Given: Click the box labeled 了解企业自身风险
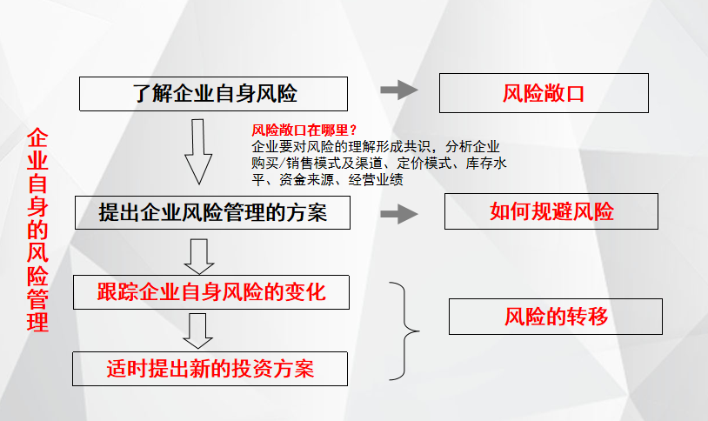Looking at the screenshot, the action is pyautogui.click(x=214, y=94).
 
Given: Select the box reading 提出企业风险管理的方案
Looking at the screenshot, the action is pyautogui.click(x=213, y=213).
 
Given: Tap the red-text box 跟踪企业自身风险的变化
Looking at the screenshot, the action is pyautogui.click(x=211, y=292).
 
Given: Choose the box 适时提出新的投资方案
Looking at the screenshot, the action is pyautogui.click(x=210, y=369).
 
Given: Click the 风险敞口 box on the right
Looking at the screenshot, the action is pyautogui.click(x=544, y=93).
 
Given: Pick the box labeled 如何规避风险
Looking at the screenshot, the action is pyautogui.click(x=551, y=211).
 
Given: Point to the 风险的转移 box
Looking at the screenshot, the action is pyautogui.click(x=556, y=317).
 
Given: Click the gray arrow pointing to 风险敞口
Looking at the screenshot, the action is pyautogui.click(x=399, y=90).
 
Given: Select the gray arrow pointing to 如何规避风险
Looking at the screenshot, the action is pyautogui.click(x=399, y=214).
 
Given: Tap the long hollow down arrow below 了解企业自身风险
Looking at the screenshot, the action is pyautogui.click(x=198, y=151).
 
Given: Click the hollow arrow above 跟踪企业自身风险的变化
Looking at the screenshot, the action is pyautogui.click(x=198, y=257).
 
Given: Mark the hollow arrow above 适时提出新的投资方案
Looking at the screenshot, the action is pyautogui.click(x=197, y=331).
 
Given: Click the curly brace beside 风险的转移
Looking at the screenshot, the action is pyautogui.click(x=404, y=331).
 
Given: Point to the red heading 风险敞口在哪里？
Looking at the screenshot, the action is pyautogui.click(x=304, y=130).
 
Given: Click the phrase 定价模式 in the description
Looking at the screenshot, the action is pyautogui.click(x=424, y=163).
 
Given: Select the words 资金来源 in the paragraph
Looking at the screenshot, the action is pyautogui.click(x=306, y=180).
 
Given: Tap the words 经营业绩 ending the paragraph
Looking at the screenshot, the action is pyautogui.click(x=376, y=180).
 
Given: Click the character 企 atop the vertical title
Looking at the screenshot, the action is pyautogui.click(x=38, y=137).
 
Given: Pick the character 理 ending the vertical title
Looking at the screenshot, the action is pyautogui.click(x=38, y=323).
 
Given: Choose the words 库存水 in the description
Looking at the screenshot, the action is pyautogui.click(x=486, y=163).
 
